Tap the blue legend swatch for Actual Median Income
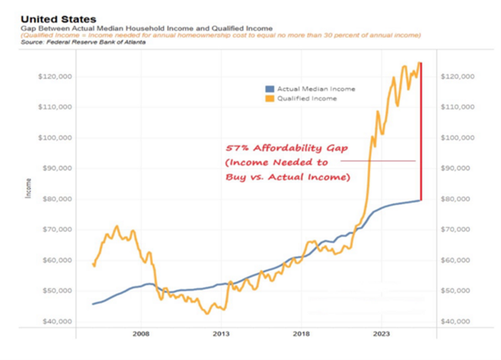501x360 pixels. coord(269,89)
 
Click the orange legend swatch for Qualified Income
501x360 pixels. coord(269,99)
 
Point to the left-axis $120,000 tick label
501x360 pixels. coord(55,76)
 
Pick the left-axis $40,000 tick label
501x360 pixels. coord(56,321)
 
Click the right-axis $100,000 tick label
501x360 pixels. coord(456,137)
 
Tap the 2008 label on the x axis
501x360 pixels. coord(140,334)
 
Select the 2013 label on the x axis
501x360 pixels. coord(221,334)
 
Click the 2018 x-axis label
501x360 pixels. coord(301,334)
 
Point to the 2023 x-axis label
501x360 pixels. coord(382,334)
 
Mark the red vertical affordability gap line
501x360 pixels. coord(421,131)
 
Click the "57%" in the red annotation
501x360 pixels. coord(237,149)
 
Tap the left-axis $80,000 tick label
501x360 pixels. coord(56,199)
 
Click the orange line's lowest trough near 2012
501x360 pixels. coord(206,313)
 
